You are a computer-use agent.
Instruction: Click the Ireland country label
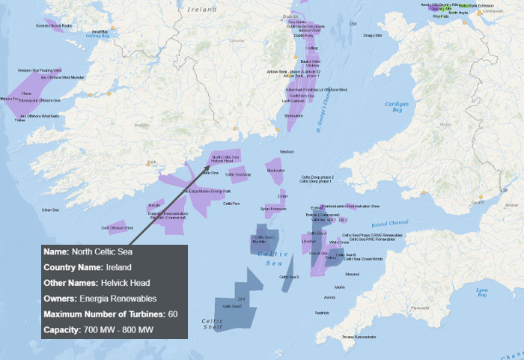[x=203, y=10]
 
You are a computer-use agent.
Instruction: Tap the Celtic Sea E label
[x=230, y=306]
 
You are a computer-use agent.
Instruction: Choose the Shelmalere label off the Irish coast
[x=294, y=116]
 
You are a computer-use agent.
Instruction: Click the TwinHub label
[x=322, y=313]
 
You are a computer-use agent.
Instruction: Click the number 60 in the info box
[x=172, y=314]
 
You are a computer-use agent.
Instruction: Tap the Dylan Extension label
[x=273, y=209]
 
